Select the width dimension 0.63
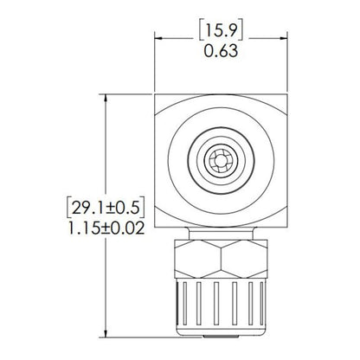[x=221, y=52]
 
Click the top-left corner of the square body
[x=157, y=96]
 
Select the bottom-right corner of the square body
[x=286, y=223]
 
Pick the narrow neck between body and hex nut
[x=222, y=230]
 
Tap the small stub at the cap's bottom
[x=222, y=333]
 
